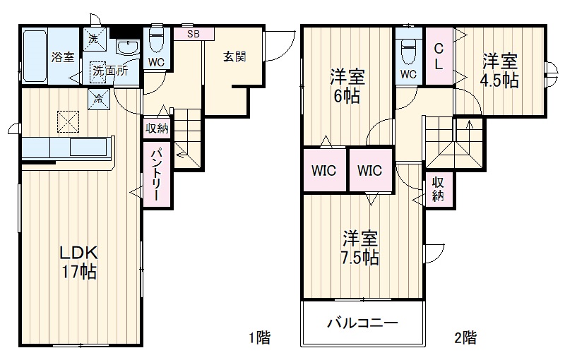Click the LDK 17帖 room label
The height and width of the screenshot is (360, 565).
78,262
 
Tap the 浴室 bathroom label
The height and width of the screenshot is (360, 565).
63,57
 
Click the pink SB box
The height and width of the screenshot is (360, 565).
193,32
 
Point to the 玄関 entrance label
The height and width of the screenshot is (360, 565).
235,57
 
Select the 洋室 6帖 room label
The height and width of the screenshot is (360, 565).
346,86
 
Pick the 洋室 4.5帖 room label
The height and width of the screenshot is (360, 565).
500,71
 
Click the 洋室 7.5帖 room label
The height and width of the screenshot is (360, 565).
361,247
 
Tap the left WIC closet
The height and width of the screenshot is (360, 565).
324,171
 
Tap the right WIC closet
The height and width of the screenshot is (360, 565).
369,171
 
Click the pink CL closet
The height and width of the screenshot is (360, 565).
439,56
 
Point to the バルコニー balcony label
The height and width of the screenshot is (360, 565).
363,324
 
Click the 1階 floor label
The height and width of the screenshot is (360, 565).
258,337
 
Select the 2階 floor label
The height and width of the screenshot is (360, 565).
465,337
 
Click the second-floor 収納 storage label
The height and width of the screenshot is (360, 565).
438,189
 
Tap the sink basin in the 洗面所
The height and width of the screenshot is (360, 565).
128,48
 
